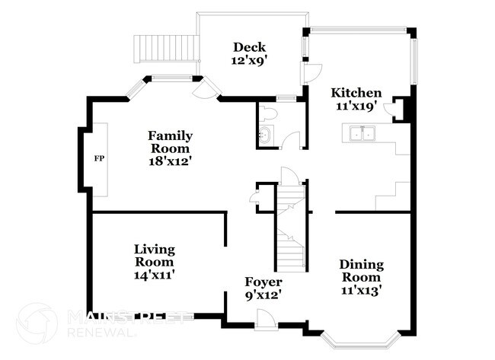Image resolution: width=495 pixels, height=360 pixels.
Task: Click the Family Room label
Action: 170,142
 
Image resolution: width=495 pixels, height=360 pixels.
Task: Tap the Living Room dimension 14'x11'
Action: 155,276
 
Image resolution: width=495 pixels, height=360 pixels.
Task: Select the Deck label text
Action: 249,46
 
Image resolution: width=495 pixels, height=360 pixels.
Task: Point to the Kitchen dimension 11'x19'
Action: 356,107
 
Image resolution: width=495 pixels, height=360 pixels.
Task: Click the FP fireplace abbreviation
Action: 98,159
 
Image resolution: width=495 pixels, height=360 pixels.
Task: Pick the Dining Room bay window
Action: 357,338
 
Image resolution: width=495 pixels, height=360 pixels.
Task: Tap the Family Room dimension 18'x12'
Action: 170,161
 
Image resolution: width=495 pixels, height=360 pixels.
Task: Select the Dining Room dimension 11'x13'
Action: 362,289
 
